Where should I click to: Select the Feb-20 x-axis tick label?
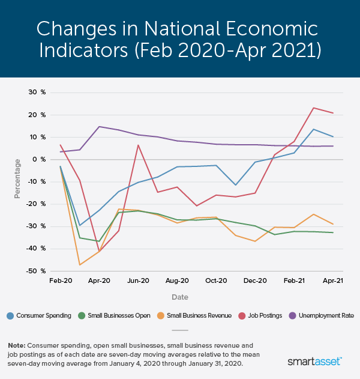(60, 280)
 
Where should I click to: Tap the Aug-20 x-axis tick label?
(177, 280)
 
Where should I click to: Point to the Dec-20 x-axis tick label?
(255, 280)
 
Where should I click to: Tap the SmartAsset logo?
(315, 361)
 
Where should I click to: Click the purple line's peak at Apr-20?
(99, 127)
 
